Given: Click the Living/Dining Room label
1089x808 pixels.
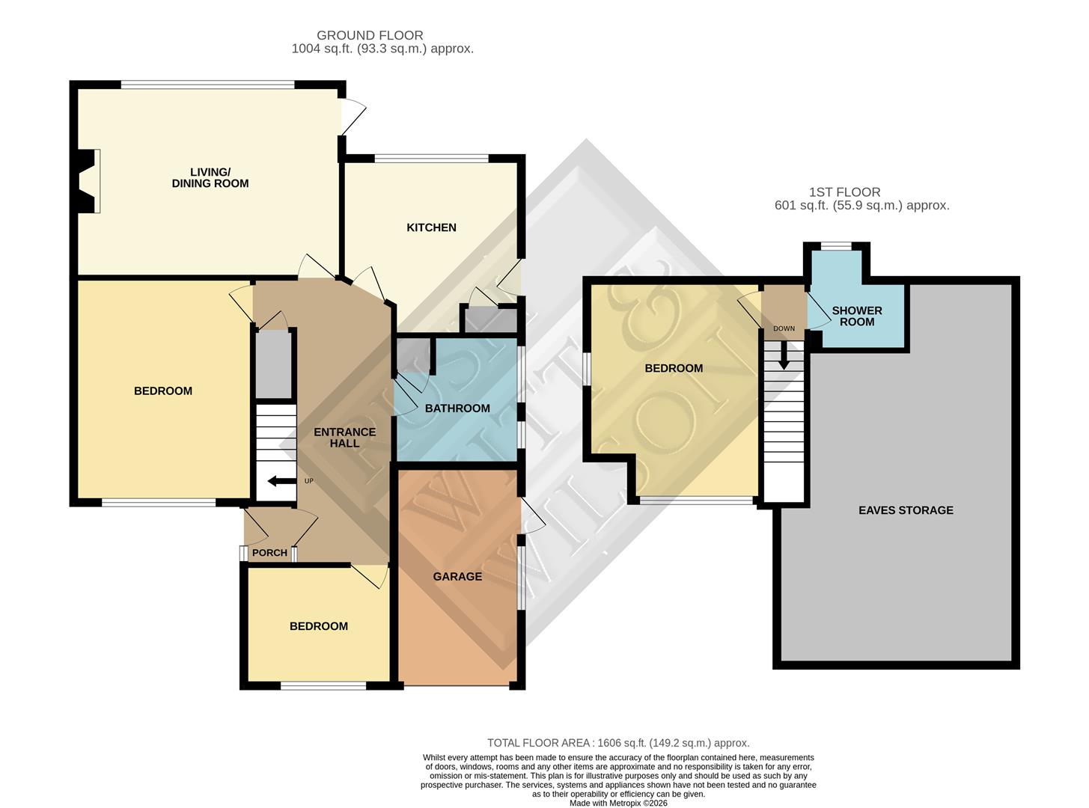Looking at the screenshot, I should coord(210,178).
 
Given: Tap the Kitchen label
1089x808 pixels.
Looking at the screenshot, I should coord(431,227).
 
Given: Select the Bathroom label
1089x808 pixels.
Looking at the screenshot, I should coord(457,408).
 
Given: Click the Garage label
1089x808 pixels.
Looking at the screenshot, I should coord(457,577).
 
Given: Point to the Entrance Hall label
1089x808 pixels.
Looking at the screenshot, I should coord(344,438).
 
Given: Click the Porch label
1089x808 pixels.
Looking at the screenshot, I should coord(269,553).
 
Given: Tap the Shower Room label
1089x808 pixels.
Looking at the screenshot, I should coord(857,316).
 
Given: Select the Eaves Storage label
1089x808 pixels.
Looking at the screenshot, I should coord(906,510).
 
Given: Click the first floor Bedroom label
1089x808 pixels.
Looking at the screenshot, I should coord(674,368).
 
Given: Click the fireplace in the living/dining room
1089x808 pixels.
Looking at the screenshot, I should coord(88,181).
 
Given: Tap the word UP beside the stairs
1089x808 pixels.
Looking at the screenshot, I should coord(309,481).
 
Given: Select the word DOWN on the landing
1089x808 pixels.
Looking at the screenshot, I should coord(784,328).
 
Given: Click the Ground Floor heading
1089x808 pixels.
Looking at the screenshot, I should coord(370,35).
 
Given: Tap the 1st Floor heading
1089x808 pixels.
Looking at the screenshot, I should coord(844,192).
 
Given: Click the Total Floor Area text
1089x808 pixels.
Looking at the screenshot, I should coord(618,743).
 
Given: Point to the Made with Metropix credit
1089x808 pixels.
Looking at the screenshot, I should coord(618,804).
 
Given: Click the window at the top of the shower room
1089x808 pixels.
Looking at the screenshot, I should coord(836,245).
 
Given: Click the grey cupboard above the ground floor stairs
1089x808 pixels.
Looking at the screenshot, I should coord(274,364).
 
